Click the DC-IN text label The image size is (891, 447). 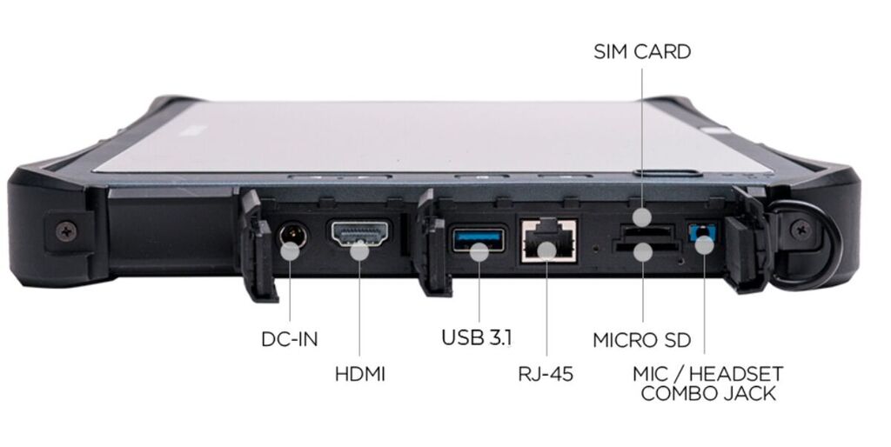289,339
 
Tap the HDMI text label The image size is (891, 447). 359,374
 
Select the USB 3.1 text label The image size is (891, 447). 477,337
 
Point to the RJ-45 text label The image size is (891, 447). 546,374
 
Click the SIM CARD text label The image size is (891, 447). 642,51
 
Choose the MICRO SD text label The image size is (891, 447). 641,340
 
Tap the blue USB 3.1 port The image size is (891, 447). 478,240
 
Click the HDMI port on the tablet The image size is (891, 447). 359,234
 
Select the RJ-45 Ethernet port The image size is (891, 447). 549,240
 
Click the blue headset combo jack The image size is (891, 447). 701,233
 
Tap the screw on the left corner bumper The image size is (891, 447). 66,230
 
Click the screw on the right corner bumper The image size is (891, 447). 801,230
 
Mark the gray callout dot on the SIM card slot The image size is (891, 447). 643,217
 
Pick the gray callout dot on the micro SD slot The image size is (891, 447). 643,252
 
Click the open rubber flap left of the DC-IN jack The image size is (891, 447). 257,245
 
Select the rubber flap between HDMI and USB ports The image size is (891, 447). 433,244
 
